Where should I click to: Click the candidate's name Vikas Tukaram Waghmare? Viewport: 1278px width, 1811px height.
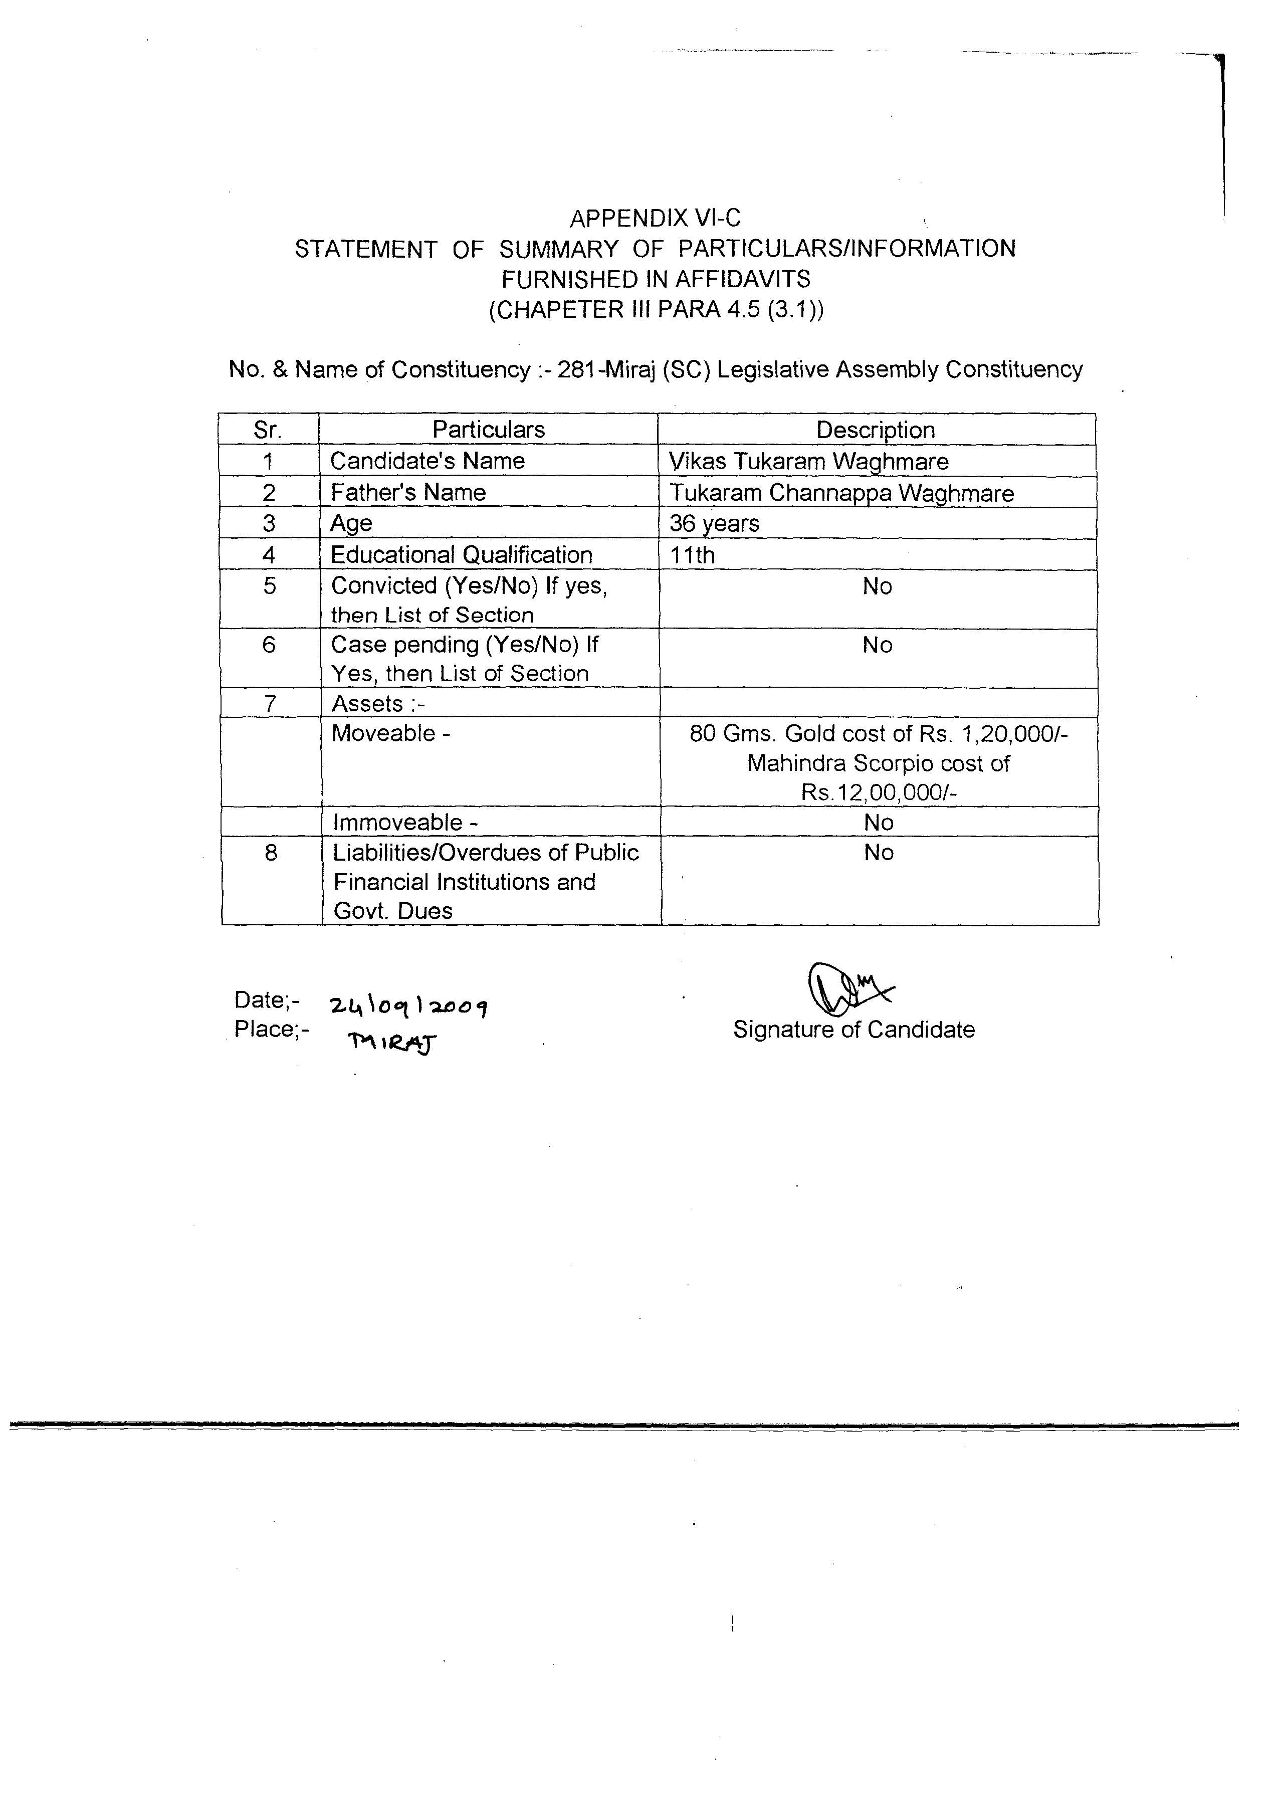808,462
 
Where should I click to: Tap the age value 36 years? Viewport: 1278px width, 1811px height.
714,524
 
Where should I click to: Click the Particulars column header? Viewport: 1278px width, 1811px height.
488,430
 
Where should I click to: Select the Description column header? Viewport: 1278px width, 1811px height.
875,430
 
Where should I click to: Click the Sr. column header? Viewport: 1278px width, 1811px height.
268,430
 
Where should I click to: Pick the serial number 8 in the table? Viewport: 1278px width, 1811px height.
271,853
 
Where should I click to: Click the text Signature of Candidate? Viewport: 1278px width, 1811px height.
854,1030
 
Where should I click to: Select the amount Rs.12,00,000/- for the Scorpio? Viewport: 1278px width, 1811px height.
878,792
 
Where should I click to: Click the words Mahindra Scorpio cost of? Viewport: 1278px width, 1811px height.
878,763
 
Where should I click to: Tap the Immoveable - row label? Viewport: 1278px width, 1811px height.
405,823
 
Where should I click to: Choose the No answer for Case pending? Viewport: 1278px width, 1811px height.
877,645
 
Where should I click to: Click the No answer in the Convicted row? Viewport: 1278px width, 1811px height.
877,587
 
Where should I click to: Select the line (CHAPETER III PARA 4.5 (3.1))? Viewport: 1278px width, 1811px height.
656,310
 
